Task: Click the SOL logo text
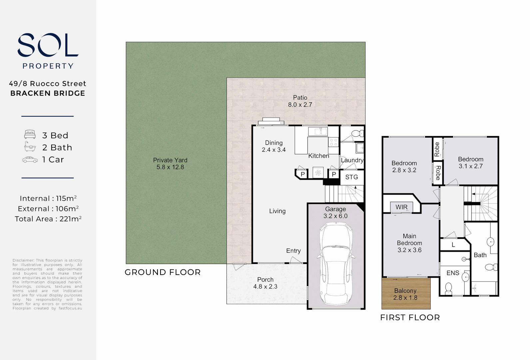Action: click(x=48, y=45)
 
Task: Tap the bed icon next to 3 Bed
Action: click(x=30, y=135)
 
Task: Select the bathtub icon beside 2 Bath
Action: click(x=30, y=147)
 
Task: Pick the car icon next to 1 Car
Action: click(x=30, y=160)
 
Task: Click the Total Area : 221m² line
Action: click(x=48, y=219)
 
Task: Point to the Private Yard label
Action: click(x=170, y=164)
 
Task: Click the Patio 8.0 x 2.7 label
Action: click(x=300, y=101)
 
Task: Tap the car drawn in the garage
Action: click(x=335, y=263)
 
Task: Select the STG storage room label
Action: click(x=351, y=177)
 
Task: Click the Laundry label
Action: click(x=352, y=160)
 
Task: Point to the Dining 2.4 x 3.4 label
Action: click(x=273, y=146)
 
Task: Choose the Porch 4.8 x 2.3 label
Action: click(x=265, y=283)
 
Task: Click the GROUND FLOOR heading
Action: click(x=163, y=272)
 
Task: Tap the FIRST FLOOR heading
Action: click(x=410, y=318)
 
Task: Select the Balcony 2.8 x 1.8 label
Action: click(x=405, y=294)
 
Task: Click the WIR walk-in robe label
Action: click(x=401, y=207)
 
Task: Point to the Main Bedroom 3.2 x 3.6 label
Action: click(x=409, y=243)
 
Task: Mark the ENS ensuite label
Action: click(x=453, y=273)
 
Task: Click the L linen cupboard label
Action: click(x=453, y=245)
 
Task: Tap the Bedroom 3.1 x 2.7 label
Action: click(x=470, y=163)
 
